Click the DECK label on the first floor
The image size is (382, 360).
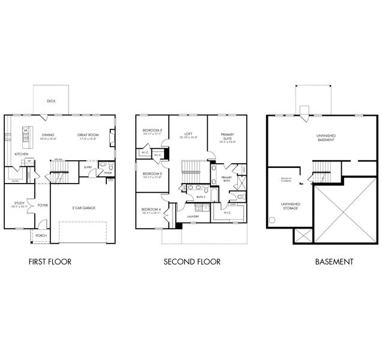[51, 101]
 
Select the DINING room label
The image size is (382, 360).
[48, 135]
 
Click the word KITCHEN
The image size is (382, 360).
[21, 154]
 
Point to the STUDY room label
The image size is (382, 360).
[19, 203]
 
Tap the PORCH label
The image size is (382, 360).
[41, 236]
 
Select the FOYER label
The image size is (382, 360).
[43, 205]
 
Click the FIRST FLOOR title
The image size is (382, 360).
[50, 262]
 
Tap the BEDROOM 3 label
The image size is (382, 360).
[152, 131]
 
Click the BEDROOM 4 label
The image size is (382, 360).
[151, 209]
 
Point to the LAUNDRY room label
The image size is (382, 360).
[193, 216]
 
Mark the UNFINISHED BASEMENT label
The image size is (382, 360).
[325, 137]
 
